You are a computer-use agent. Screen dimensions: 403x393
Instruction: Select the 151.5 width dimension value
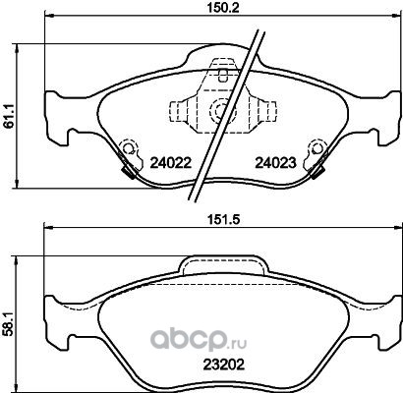[223, 219]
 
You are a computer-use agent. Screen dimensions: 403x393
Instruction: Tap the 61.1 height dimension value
[9, 115]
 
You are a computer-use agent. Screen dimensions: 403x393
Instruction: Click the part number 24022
[170, 163]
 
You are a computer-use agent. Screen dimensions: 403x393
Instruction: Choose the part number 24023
[275, 163]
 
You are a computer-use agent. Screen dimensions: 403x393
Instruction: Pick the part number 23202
[224, 364]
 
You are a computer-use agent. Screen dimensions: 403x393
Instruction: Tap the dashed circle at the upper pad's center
[220, 110]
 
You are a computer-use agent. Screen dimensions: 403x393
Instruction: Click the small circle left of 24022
[128, 147]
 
